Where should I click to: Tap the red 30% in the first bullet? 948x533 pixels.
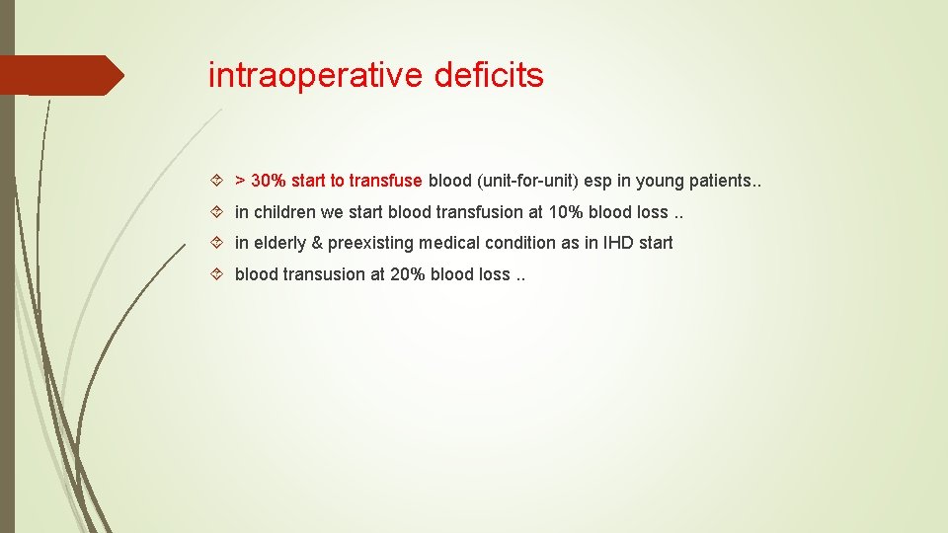tap(269, 181)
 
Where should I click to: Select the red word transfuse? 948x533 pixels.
tap(385, 181)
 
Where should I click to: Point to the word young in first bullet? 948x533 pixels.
tap(659, 181)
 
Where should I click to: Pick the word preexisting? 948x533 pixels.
tap(373, 243)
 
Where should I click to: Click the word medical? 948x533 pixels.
tap(454, 243)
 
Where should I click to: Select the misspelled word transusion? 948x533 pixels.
tap(325, 274)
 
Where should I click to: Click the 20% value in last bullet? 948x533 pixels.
tap(406, 274)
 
